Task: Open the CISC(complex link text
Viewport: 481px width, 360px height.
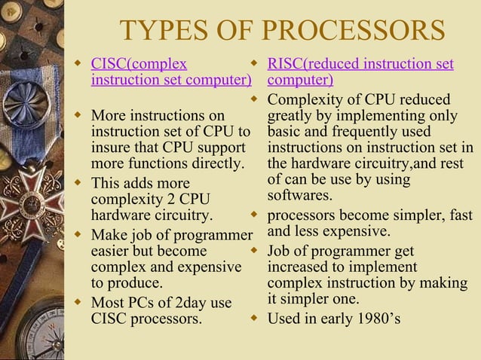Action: [x=139, y=64]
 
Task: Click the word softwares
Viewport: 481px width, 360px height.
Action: [x=300, y=196]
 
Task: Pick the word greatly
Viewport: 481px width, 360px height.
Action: [x=293, y=116]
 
